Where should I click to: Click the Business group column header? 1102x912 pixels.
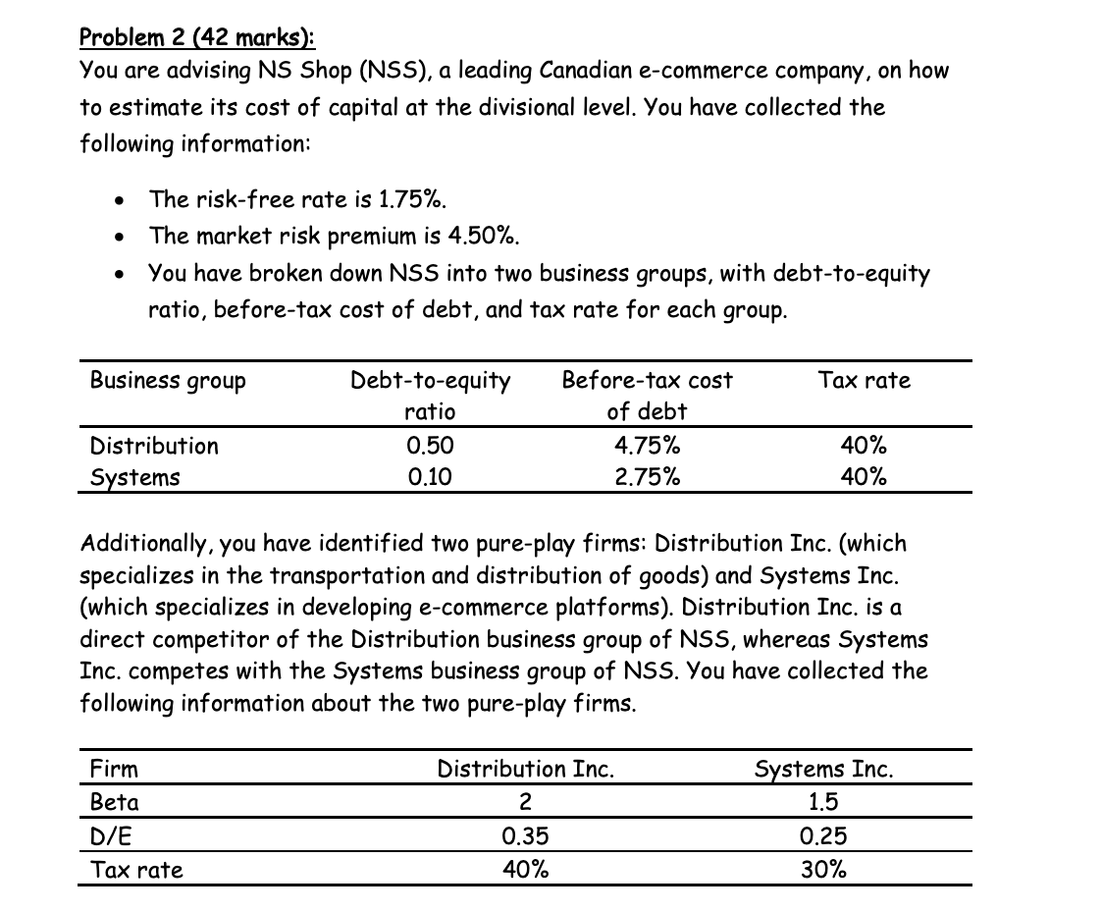(168, 380)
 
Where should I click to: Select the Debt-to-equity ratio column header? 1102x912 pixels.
(431, 395)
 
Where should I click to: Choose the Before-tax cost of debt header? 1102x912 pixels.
(648, 395)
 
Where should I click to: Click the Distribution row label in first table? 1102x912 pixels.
(154, 446)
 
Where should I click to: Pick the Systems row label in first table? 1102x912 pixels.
(135, 478)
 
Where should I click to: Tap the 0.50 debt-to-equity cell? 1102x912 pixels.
(430, 446)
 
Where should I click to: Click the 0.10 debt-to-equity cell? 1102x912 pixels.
(430, 478)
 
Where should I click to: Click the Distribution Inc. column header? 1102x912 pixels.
(526, 769)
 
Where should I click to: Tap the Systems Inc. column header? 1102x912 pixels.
(824, 769)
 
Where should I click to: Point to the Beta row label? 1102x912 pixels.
(115, 802)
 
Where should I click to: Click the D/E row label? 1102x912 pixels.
(110, 835)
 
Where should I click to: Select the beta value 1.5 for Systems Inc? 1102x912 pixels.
(824, 802)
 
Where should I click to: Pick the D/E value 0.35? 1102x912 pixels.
(525, 835)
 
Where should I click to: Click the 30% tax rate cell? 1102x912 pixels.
(824, 869)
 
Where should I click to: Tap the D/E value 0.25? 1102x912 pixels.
(824, 835)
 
